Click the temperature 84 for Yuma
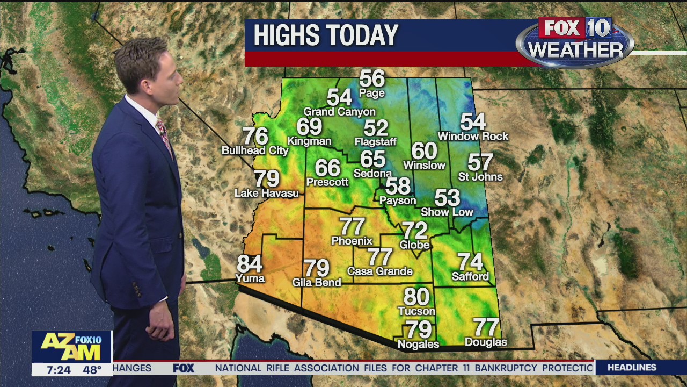click(250, 264)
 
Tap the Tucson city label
click(416, 311)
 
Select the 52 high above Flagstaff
click(376, 128)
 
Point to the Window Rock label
click(473, 137)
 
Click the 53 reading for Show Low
click(447, 198)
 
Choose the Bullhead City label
click(255, 151)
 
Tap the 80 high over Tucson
click(416, 297)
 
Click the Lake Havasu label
click(267, 193)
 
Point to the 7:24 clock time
click(59, 370)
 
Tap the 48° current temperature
click(92, 370)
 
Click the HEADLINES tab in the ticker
click(632, 368)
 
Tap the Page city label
click(372, 94)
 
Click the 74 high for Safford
click(470, 262)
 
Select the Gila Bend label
click(317, 282)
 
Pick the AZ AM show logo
click(71, 347)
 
